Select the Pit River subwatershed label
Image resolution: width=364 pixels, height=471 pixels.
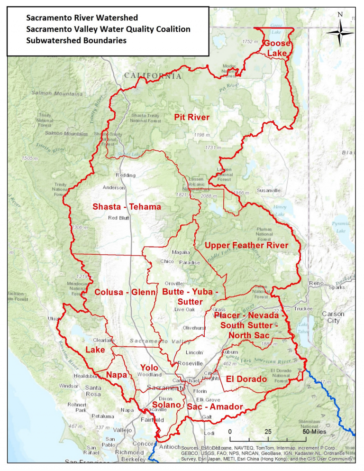191,117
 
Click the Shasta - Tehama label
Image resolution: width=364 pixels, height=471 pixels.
127,207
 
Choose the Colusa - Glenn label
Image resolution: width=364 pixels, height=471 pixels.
125,292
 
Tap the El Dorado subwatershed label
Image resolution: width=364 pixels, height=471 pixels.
246,379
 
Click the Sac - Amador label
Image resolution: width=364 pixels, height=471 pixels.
215,407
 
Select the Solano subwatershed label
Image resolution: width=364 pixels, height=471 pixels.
166,405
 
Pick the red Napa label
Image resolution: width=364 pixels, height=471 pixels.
117,375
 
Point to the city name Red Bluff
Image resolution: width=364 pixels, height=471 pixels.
119,218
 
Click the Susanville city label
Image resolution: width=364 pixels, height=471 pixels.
269,190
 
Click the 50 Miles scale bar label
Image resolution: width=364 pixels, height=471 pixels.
312,432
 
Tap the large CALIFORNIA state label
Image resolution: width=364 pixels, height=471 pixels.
153,75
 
